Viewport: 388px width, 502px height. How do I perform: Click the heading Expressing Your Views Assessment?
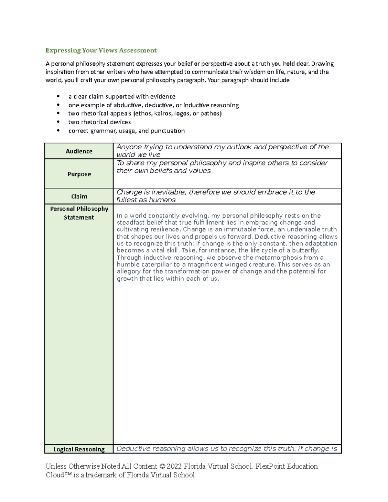(101, 50)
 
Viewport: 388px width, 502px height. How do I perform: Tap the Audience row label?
(79, 151)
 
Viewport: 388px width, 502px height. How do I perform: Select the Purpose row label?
(79, 174)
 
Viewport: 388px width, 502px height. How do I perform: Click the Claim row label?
(79, 196)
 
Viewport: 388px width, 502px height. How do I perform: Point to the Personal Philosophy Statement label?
(79, 213)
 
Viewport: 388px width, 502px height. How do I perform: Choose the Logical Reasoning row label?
(79, 449)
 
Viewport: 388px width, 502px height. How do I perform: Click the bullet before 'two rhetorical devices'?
(58, 122)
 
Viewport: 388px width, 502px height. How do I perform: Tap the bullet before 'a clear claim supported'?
(58, 97)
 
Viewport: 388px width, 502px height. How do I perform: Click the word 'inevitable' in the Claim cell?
(168, 192)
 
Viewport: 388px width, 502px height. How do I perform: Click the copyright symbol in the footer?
(162, 466)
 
